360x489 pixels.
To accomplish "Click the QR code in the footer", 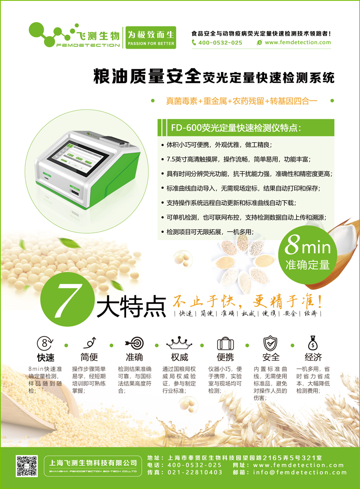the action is pos(27,466).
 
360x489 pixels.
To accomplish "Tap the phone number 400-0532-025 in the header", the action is pos(220,43).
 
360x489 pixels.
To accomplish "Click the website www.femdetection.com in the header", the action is pos(297,42).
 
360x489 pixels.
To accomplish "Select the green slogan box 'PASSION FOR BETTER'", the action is pos(151,37).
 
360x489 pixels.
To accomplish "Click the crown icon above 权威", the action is pos(179,343).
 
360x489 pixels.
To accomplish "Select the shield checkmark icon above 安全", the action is pos(270,344).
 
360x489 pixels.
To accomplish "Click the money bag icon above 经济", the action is pos(313,343).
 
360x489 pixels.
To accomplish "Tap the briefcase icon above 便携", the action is pos(225,344).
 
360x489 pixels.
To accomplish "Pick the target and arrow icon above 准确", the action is pos(135,343).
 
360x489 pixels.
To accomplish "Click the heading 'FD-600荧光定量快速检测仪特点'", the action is pos(236,128).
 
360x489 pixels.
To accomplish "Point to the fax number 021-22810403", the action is pos(195,472).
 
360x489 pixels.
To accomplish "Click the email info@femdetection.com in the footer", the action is pos(300,472).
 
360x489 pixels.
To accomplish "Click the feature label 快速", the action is pos(45,357).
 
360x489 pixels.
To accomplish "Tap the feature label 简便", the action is pos(89,357).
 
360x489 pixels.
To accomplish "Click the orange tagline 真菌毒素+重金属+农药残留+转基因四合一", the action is pos(242,101).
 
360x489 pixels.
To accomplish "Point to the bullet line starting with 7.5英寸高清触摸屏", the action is pos(238,159).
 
